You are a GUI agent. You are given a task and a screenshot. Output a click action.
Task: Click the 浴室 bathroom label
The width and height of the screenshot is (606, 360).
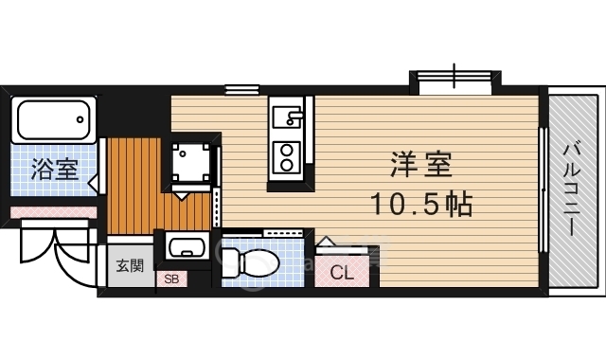[55, 169]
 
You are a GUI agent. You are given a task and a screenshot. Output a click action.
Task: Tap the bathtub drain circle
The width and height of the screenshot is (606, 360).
[80, 119]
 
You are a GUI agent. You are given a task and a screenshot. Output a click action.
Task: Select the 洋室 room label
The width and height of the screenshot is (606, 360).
[421, 164]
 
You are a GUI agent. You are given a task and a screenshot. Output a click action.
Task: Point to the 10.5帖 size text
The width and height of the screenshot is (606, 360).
[421, 205]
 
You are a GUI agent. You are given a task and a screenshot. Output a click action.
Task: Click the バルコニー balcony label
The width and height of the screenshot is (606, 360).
[571, 189]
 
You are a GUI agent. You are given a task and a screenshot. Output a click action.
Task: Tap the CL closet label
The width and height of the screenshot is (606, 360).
[342, 273]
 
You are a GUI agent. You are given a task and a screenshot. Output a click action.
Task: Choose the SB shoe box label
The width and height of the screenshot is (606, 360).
[172, 279]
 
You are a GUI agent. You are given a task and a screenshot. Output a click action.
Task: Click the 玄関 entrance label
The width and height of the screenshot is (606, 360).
[130, 266]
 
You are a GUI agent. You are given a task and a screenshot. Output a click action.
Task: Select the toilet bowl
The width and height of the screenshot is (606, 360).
[250, 263]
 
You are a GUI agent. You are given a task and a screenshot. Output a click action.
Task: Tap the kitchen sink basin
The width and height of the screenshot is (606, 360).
[287, 117]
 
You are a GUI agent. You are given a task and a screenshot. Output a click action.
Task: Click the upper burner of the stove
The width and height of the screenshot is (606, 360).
[286, 150]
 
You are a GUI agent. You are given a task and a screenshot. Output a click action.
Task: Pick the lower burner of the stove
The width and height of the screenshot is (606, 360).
[286, 165]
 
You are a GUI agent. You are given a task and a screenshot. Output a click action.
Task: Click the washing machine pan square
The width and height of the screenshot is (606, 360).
[191, 162]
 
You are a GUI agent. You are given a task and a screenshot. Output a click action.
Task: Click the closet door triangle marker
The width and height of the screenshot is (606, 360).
[326, 241]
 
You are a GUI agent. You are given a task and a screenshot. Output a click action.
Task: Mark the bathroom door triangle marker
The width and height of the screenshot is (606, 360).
[93, 181]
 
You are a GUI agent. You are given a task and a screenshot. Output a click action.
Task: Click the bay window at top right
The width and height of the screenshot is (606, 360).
[454, 82]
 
